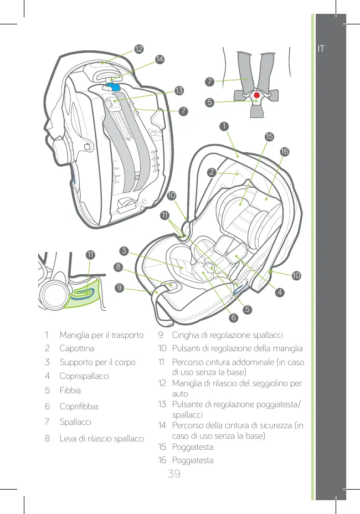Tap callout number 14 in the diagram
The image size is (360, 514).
[160, 59]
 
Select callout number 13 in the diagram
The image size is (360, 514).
[178, 90]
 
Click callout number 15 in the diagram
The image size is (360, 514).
[269, 136]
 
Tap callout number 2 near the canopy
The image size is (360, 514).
[212, 172]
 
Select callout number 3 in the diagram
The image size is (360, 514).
[124, 250]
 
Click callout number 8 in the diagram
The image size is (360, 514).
[118, 267]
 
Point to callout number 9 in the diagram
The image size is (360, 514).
[120, 287]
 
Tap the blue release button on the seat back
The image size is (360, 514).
[115, 86]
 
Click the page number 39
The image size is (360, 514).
[174, 475]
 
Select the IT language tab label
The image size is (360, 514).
[321, 49]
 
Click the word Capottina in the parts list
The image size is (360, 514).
[77, 349]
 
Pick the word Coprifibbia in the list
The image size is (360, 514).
[79, 406]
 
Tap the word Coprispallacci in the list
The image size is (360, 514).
[84, 376]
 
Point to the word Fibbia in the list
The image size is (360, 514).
[70, 390]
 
